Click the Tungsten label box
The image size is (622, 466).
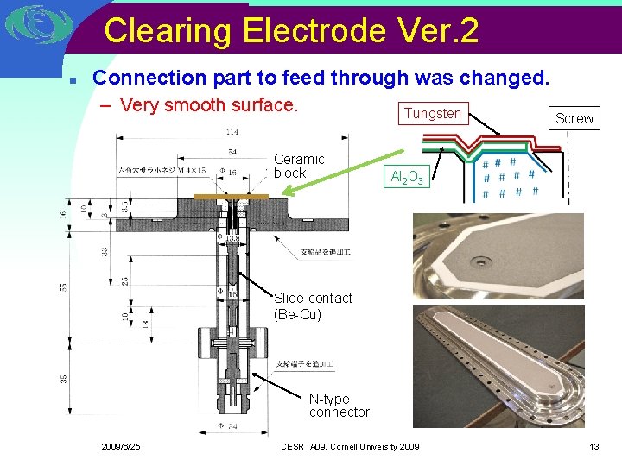(x=433, y=114)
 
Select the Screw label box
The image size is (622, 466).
(x=574, y=118)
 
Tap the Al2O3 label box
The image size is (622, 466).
(x=406, y=178)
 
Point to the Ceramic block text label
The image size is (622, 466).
(x=299, y=166)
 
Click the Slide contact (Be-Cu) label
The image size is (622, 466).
(x=313, y=306)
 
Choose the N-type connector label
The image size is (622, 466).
(x=339, y=406)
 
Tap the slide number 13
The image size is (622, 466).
(x=593, y=446)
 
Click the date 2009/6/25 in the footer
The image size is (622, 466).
(x=120, y=446)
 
